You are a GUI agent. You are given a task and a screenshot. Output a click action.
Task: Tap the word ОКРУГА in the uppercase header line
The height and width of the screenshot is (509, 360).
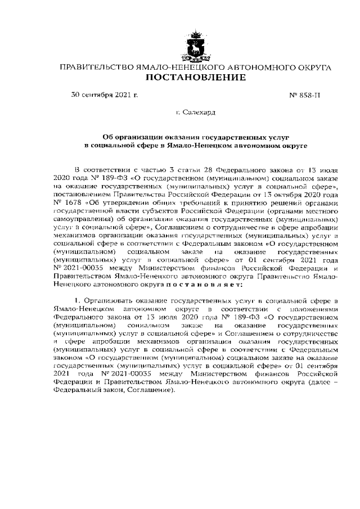(x=310, y=67)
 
